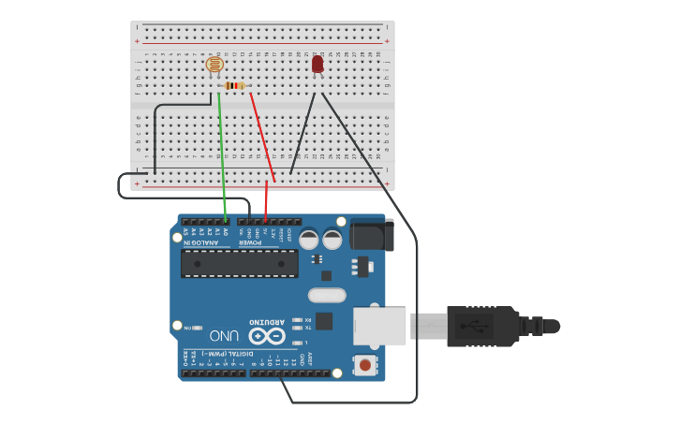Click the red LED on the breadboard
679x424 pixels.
[317, 64]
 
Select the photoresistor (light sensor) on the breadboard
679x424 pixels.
[214, 66]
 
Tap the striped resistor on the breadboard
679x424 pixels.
[234, 85]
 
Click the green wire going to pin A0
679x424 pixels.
[222, 150]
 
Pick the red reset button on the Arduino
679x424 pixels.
[364, 365]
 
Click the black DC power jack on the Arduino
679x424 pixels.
[367, 234]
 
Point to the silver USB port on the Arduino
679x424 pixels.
[379, 326]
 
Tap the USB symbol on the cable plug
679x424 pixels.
[481, 327]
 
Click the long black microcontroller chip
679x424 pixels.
[240, 263]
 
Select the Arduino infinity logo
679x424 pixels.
[266, 336]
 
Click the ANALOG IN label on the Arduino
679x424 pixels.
[202, 243]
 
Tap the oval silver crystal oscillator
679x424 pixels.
[326, 296]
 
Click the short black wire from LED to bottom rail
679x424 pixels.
[302, 134]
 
